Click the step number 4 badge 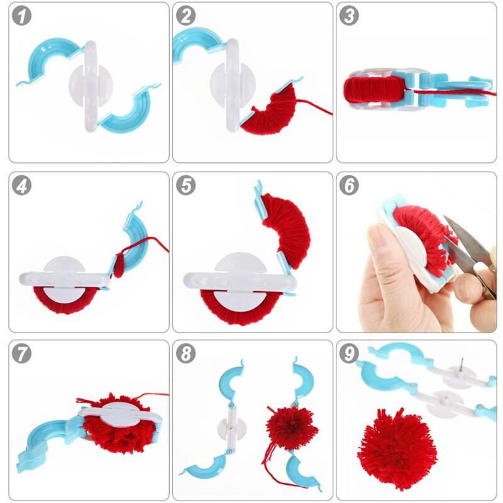pos(22,185)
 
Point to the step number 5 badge pos(185,185)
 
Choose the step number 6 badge pos(349,185)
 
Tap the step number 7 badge pos(22,354)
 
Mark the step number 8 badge pos(185,354)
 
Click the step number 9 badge pos(349,354)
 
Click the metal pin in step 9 pos(461,365)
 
